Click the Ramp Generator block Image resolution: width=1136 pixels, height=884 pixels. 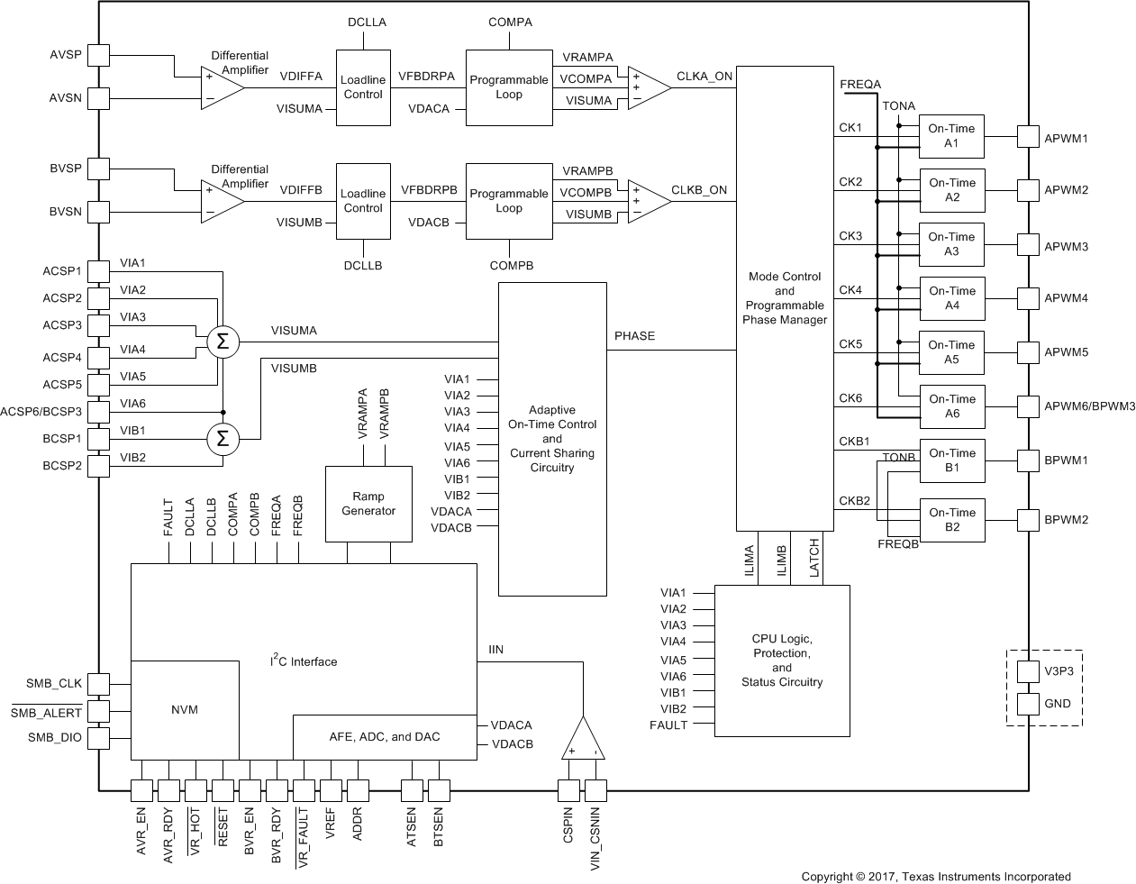368,504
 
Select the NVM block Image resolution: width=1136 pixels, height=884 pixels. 185,709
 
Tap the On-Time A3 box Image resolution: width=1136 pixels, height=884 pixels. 951,244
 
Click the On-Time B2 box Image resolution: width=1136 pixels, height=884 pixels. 951,520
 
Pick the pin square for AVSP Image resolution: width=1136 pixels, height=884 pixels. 98,55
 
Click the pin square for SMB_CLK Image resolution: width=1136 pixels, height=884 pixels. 98,684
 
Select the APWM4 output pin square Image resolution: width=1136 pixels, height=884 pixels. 1028,298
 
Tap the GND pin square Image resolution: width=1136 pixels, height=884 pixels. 1028,704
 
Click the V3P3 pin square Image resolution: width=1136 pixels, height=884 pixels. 1028,671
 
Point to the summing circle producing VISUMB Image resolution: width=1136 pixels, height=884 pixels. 222,440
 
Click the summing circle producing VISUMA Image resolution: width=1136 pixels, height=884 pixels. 222,342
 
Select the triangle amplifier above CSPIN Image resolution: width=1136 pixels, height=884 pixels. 583,740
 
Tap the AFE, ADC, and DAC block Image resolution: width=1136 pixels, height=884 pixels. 385,737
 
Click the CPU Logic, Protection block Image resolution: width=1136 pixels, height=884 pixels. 782,661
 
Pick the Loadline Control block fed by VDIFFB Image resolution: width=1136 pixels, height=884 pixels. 363,201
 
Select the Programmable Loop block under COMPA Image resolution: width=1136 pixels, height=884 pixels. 509,87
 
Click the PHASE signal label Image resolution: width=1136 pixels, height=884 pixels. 634,336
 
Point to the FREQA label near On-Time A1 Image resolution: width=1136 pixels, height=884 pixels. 860,85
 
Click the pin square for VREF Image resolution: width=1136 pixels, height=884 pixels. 331,791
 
